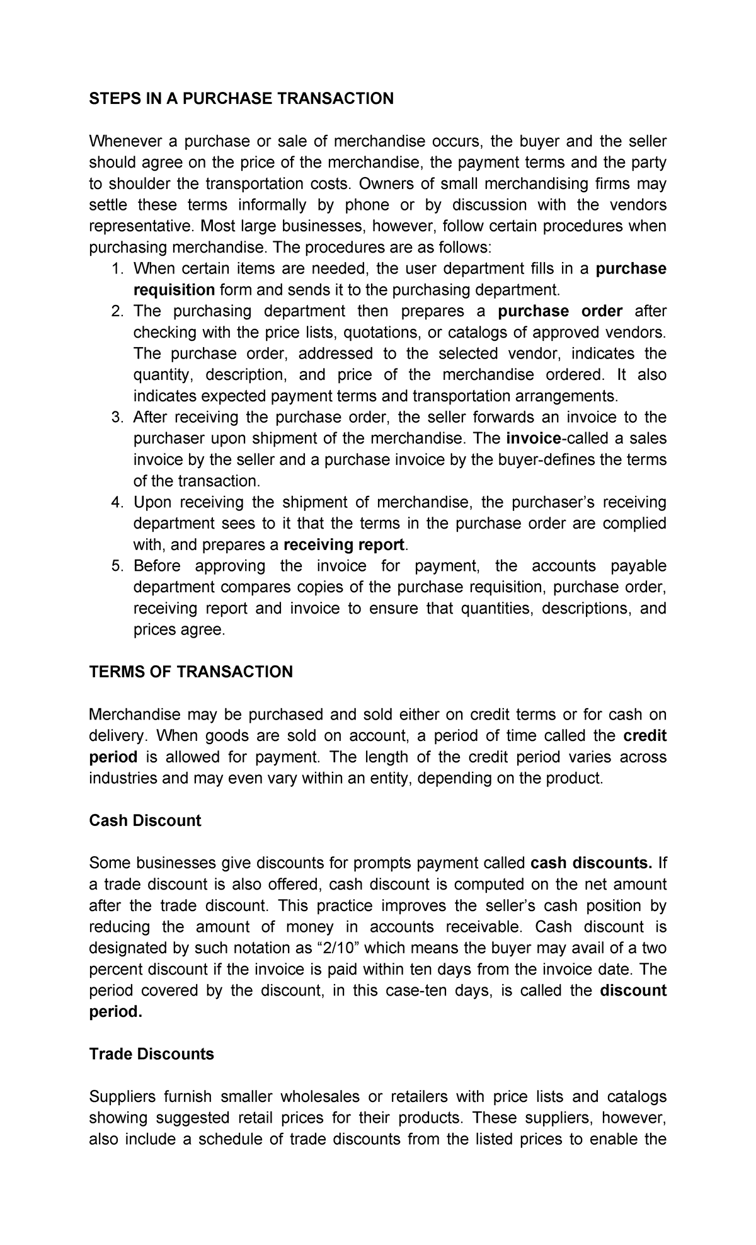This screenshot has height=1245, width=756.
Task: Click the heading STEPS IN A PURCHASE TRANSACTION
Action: [x=241, y=98]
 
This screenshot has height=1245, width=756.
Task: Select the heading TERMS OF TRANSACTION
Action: [x=191, y=672]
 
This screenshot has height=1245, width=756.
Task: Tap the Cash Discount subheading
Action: [x=145, y=820]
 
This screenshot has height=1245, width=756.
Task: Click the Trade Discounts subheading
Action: [x=151, y=1054]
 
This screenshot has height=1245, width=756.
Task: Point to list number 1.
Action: [x=116, y=269]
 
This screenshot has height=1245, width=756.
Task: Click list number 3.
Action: [x=116, y=418]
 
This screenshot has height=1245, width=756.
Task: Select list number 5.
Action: [x=116, y=566]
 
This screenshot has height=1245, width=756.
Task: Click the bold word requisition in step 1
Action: [x=174, y=290]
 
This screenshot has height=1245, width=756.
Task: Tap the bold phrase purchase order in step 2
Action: [x=560, y=311]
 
